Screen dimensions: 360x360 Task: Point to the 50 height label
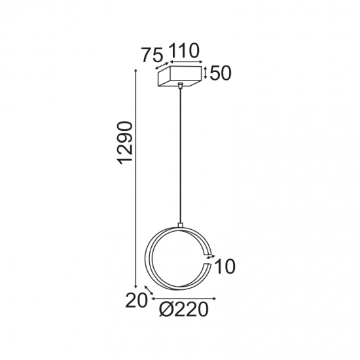222,73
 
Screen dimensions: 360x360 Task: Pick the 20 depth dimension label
135,300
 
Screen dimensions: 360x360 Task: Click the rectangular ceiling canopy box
180,77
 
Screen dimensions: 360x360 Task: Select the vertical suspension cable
179,157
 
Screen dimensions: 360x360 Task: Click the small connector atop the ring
179,226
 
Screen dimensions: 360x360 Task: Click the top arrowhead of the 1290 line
135,71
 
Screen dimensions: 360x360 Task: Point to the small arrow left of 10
209,259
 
